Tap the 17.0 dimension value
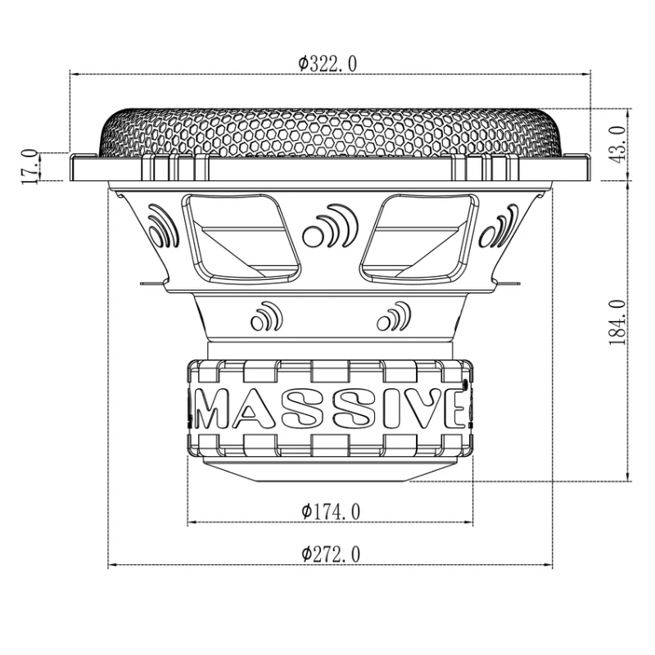(x=29, y=165)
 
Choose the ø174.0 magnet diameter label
(x=330, y=511)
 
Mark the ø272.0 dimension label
(x=330, y=554)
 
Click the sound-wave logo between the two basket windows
(x=329, y=228)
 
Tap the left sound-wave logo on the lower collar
(x=265, y=316)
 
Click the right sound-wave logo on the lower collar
(x=394, y=316)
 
